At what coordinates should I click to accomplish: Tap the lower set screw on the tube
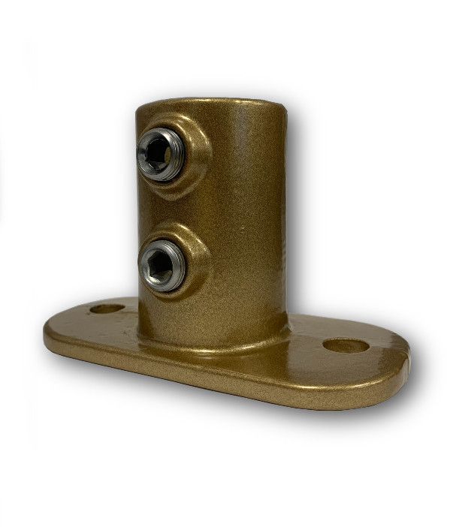pos(162,264)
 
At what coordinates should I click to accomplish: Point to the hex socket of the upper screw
pos(158,154)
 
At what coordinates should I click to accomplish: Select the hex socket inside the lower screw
pos(160,265)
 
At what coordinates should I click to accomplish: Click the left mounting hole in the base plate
pos(106,308)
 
